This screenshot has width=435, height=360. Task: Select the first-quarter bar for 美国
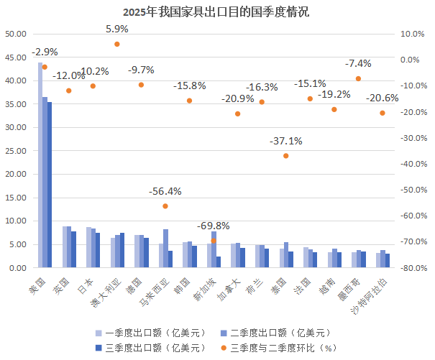40,165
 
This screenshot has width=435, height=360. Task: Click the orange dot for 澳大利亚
117,44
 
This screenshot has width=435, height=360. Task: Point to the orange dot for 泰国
285,156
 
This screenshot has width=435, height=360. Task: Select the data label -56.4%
165,191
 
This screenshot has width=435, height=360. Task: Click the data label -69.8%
213,226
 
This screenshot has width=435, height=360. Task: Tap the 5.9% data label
116,29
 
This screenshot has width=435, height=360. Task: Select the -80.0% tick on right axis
411,268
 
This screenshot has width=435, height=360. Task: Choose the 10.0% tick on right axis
411,34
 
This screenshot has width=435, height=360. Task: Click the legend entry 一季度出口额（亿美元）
151,333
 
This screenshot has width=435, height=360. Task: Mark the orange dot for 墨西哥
358,78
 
